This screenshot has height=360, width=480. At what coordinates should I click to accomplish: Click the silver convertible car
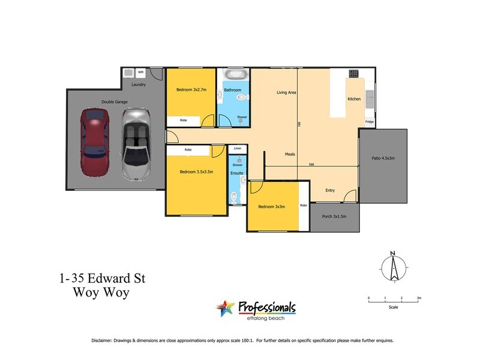click(x=135, y=144)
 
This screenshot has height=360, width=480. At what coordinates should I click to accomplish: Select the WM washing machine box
click(x=141, y=73)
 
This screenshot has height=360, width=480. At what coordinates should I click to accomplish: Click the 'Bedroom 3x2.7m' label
click(x=191, y=90)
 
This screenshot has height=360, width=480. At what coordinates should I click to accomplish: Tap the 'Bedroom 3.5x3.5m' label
click(x=196, y=172)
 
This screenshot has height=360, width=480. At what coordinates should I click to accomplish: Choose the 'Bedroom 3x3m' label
click(x=271, y=206)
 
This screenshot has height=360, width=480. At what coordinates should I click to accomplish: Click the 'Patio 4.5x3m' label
click(x=383, y=158)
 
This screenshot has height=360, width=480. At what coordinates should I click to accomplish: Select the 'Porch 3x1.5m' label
click(x=334, y=216)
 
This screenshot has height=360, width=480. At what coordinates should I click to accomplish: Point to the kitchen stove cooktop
click(x=353, y=74)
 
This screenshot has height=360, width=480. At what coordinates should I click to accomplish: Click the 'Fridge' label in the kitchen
click(x=369, y=123)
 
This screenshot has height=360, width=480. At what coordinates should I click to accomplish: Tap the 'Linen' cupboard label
click(x=237, y=148)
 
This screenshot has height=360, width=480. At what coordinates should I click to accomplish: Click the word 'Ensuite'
click(x=237, y=173)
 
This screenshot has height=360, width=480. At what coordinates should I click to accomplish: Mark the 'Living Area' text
click(x=286, y=92)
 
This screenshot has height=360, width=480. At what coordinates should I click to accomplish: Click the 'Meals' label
click(x=290, y=154)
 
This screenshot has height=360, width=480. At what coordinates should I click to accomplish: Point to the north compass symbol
click(x=394, y=266)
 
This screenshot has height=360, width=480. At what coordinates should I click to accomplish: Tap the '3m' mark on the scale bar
click(x=419, y=298)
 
